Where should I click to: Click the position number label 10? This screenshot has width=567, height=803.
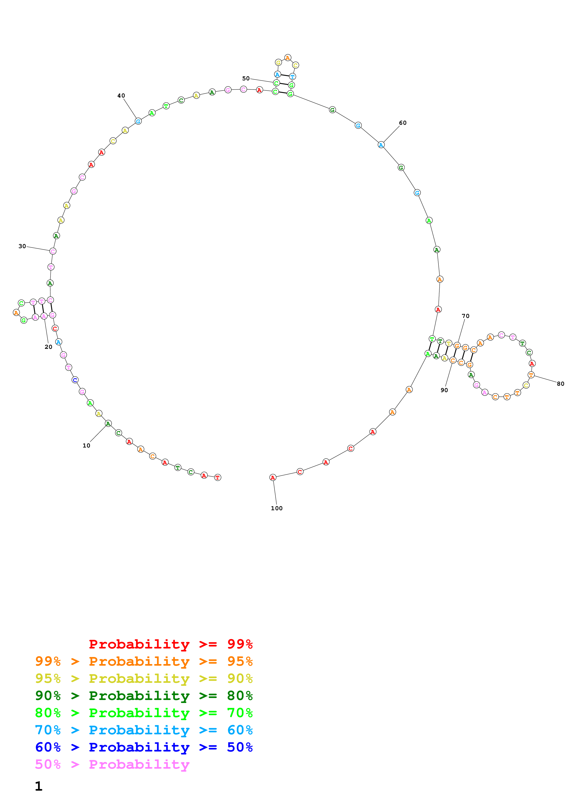(x=86, y=446)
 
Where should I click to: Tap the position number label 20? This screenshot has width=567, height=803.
(x=48, y=347)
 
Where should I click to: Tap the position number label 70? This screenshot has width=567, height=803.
(x=466, y=316)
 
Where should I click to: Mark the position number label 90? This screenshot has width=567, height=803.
(x=444, y=390)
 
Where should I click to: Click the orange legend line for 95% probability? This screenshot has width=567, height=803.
(x=144, y=661)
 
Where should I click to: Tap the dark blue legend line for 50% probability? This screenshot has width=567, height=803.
(x=144, y=747)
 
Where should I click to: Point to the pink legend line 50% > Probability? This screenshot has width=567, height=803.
(x=113, y=765)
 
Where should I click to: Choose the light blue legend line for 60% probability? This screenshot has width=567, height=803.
(x=144, y=730)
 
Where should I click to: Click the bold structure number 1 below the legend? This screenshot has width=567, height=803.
(x=39, y=786)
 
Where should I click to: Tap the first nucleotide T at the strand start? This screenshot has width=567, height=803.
(x=218, y=477)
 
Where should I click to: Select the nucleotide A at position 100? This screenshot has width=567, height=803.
(x=273, y=477)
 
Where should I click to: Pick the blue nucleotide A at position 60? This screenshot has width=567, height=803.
(x=381, y=145)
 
